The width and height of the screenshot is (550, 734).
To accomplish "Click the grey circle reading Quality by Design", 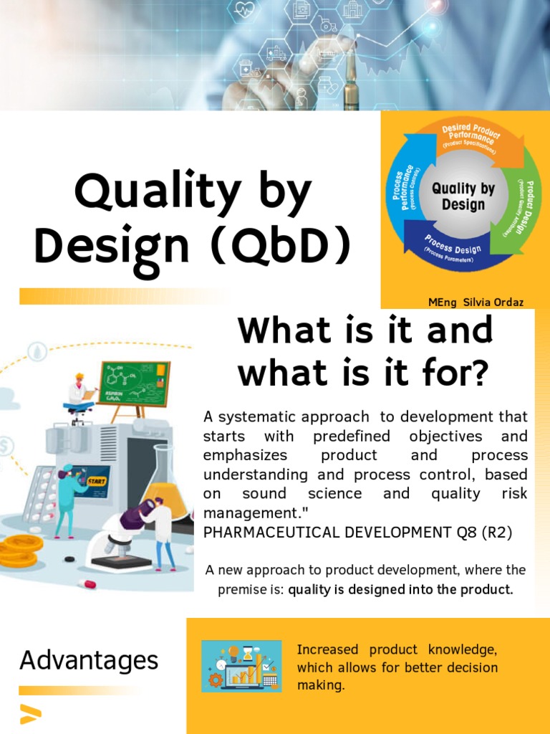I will pos(463,196).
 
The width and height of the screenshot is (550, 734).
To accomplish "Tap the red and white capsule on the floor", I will pos(87,584).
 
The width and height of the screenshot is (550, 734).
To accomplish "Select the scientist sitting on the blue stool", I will pos(79,392).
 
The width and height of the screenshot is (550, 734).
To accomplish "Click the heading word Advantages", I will pos(89,659).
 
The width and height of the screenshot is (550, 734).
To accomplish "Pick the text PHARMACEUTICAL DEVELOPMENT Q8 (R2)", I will pos(358,532).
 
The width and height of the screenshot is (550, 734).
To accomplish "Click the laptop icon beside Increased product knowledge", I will pos(241,666).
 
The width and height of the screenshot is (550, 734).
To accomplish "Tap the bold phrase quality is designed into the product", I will pos(400,590).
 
